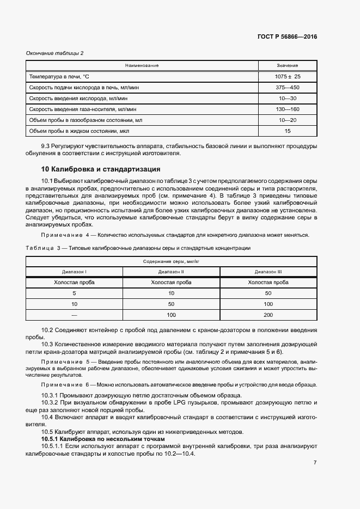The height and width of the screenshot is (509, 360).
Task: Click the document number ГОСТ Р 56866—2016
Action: tap(287, 37)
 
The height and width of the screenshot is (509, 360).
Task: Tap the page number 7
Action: tap(315, 463)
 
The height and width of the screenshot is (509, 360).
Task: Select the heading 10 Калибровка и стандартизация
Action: tap(101, 169)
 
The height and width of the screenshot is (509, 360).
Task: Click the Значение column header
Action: tap(287, 65)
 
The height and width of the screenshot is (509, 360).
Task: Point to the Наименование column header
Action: tap(142, 65)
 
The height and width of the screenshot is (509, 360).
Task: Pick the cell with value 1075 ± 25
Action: tap(287, 77)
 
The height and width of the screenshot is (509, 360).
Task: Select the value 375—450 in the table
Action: tap(287, 87)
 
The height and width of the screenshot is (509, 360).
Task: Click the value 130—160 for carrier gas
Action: tap(287, 109)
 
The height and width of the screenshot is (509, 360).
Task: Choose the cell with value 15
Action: tap(287, 131)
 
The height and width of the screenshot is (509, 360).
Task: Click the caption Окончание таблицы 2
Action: tap(55, 53)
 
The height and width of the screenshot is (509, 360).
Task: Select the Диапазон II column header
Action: tap(171, 271)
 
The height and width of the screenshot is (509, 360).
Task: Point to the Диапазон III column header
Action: tap(268, 271)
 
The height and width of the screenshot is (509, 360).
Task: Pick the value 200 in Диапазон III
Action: tap(268, 315)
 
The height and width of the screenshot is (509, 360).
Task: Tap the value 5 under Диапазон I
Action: tap(75, 293)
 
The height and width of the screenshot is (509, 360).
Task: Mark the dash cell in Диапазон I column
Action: tap(75, 315)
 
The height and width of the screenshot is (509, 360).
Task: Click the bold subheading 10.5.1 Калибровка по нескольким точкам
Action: tap(103, 439)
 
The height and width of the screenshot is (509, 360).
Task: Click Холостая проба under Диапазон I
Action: tap(75, 283)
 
